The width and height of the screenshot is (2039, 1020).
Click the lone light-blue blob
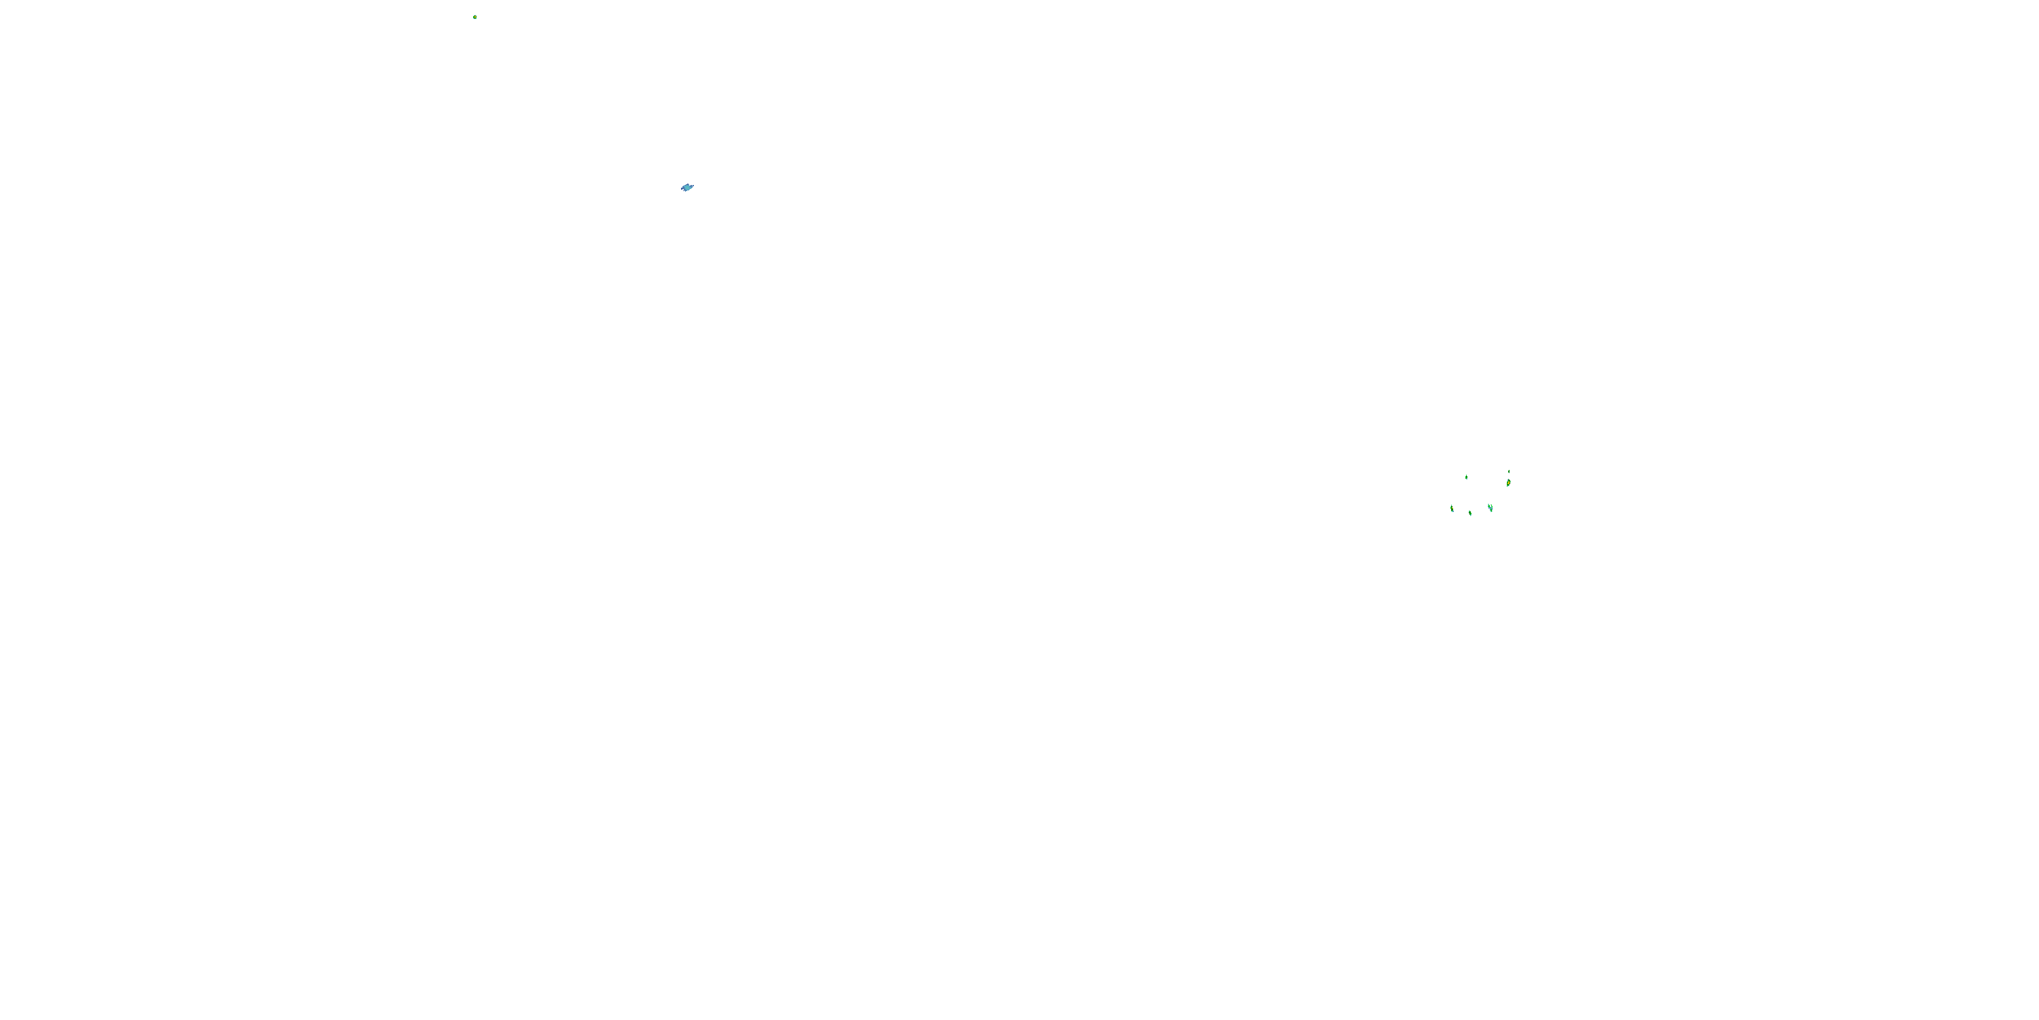coord(687,188)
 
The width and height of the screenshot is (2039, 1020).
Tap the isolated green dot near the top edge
coord(475,16)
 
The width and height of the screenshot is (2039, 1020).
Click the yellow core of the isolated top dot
coord(475,16)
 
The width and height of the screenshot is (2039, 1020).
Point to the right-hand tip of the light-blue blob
coord(693,186)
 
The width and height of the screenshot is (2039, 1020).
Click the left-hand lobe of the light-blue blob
coord(683,188)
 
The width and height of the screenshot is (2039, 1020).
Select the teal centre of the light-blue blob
coord(687,188)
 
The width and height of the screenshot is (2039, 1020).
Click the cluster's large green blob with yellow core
coord(1508,482)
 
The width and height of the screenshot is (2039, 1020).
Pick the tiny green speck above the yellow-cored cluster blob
coord(1509,471)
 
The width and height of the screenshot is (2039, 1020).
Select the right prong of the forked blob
coord(1491,505)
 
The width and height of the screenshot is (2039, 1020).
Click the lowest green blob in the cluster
coord(1470,513)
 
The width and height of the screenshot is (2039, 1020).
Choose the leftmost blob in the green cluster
coord(1452,508)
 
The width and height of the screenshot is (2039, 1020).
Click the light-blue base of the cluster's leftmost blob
coord(1452,511)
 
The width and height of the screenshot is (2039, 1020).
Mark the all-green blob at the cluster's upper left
coord(1466,477)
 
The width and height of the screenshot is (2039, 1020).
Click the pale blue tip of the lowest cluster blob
coord(1471,515)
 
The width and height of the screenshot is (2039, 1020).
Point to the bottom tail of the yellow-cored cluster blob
coord(1507,486)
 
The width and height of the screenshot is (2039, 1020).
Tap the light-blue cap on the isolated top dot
coord(475,15)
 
